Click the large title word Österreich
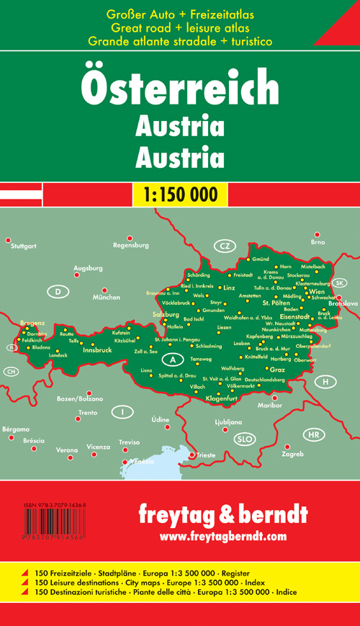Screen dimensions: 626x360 [180, 91]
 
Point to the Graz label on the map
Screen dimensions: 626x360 [278, 370]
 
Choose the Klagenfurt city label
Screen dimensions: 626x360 [222, 398]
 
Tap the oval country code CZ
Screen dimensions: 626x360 [225, 247]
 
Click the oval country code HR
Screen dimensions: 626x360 [313, 435]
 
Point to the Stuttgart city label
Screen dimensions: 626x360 [22, 246]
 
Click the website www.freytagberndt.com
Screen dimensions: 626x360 [224, 536]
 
